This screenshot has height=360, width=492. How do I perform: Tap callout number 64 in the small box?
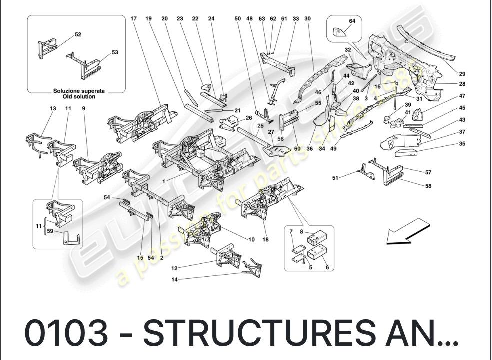click(352, 21)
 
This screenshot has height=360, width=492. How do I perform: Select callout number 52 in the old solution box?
click(78, 34)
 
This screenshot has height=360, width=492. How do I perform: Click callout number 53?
click(115, 52)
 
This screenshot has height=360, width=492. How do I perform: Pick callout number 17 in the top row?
click(133, 18)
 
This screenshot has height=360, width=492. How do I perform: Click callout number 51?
click(335, 177)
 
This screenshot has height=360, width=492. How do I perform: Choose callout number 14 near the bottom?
click(175, 280)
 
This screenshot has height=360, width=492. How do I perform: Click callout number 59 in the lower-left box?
click(50, 231)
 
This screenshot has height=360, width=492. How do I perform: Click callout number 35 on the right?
click(462, 144)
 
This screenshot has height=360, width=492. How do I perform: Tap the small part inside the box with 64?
click(340, 32)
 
